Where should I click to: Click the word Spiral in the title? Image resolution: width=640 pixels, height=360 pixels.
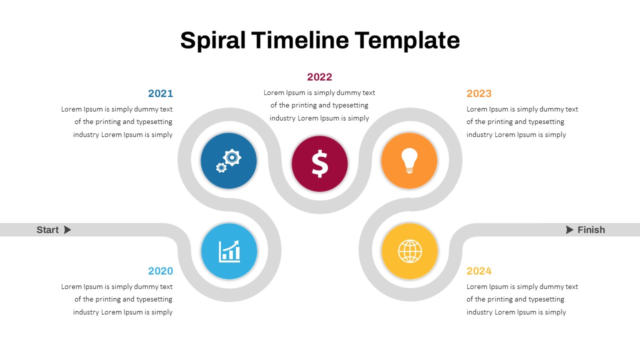[x=213, y=40]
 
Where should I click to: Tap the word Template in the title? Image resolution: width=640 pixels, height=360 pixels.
[x=407, y=40]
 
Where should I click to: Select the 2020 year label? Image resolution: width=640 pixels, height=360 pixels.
[x=160, y=271]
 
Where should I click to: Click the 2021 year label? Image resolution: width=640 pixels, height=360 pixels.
[x=160, y=93]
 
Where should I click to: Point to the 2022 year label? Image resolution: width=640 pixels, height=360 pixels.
[x=319, y=77]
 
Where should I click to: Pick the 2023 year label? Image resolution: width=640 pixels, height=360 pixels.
[x=479, y=93]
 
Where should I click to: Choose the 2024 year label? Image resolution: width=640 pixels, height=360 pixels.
[x=479, y=271]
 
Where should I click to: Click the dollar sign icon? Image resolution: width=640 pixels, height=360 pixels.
[x=319, y=163]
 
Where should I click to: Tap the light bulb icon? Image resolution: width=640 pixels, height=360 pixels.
[x=409, y=160]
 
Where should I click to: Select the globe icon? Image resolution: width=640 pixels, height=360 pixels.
[x=409, y=251]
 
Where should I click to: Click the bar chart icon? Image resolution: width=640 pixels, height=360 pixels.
[x=229, y=251]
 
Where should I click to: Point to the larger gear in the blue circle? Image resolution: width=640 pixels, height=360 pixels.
[x=232, y=157]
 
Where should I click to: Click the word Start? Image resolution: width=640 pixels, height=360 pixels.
[x=47, y=229]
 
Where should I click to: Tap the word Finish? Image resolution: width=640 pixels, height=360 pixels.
[x=591, y=229]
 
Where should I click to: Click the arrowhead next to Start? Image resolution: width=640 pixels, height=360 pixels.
[x=67, y=229]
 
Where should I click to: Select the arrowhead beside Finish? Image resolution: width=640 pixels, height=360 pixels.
[x=569, y=229]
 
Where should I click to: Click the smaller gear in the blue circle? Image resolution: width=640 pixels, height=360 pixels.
[x=221, y=167]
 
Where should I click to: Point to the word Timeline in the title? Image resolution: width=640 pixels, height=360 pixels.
[x=300, y=40]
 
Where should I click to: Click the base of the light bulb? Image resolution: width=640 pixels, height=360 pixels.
[x=409, y=170]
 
